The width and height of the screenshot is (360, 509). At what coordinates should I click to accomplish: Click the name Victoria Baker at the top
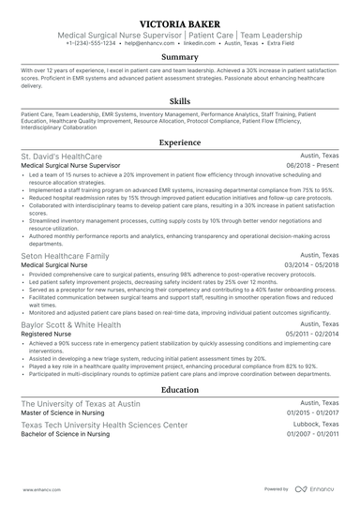[179, 21]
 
